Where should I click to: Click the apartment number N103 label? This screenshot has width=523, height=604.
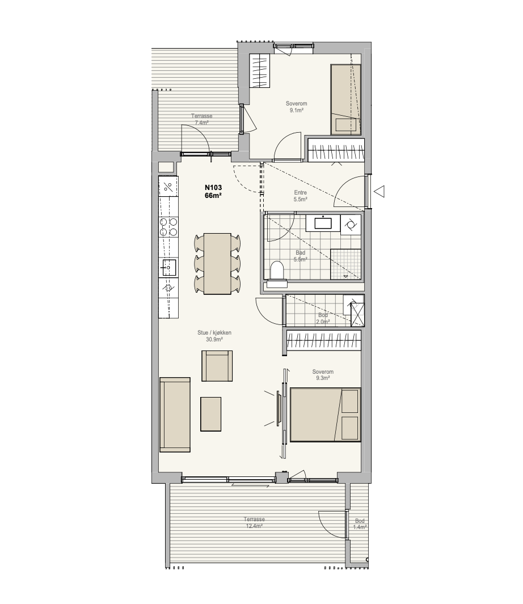[213, 188]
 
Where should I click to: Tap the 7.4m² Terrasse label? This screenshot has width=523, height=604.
[201, 120]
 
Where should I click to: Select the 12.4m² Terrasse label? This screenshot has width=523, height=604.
[254, 523]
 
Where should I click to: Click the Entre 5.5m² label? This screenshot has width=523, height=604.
[300, 196]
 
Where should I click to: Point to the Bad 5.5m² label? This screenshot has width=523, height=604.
[300, 256]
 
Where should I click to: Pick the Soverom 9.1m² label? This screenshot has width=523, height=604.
[296, 107]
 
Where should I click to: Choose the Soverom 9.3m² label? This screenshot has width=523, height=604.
[323, 375]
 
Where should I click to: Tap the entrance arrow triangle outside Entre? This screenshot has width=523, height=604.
[380, 192]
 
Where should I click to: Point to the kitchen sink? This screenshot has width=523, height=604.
[168, 267]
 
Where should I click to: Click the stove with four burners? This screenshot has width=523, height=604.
[169, 227]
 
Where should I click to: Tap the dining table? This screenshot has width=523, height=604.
[217, 264]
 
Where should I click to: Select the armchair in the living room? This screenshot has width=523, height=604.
[217, 366]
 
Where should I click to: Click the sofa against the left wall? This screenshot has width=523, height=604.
[175, 415]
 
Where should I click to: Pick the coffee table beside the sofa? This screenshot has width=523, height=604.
[211, 414]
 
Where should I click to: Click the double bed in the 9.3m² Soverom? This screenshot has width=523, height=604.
[325, 415]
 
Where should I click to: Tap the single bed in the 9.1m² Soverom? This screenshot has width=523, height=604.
[345, 99]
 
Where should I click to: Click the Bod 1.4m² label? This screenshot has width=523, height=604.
[360, 524]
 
